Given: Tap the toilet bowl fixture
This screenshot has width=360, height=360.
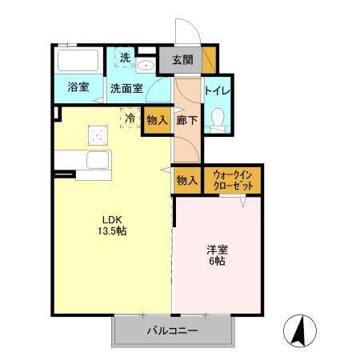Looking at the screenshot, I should tap(216, 118).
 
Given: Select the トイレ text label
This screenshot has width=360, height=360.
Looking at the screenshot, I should tap(218, 91).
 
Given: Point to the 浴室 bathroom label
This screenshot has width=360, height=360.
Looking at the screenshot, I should tap(78, 87).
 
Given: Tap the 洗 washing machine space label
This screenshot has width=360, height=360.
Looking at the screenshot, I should tap(126, 58).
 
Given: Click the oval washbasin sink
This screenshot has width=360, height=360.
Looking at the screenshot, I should tap(146, 66).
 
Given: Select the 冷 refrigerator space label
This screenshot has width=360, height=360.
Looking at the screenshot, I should tap(130, 117).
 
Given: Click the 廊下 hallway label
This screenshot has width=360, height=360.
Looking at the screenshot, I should tap(186, 120).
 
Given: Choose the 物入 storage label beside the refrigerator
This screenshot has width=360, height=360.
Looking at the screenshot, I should tap(158, 121).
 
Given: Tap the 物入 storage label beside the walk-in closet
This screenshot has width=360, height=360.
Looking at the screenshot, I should tap(186, 180).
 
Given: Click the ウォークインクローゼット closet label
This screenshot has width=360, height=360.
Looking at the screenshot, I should tap(232, 180).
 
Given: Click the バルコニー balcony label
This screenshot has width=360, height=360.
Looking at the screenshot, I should tap(171, 330).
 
